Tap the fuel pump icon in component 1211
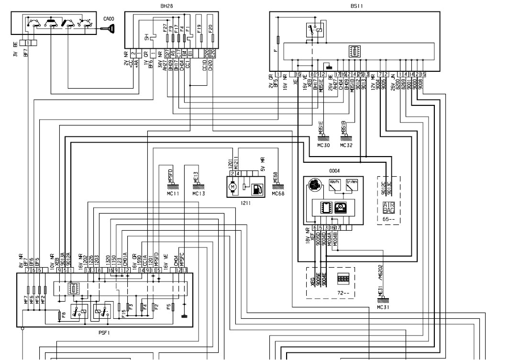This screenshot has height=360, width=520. (257, 188)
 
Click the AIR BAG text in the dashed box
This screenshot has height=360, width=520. (388, 208)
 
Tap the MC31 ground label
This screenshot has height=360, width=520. (384, 307)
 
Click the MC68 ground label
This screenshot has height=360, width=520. (278, 194)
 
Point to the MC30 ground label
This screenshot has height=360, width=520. (323, 145)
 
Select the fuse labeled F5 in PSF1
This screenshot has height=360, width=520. (173, 306)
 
